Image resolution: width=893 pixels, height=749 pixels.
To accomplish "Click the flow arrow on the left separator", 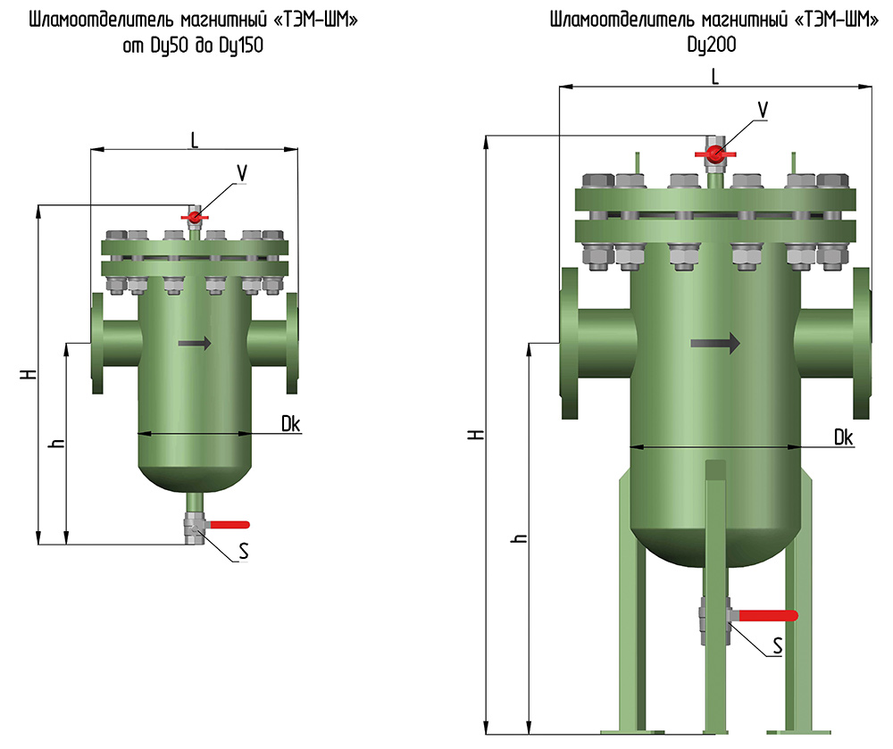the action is point(195,343).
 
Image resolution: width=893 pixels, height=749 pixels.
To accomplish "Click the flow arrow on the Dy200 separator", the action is point(715,343).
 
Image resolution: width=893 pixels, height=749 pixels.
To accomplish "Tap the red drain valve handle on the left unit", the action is point(228,524).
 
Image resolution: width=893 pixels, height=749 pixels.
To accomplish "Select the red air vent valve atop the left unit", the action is point(195,217).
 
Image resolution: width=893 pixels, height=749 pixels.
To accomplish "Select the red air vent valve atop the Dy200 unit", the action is point(715,153).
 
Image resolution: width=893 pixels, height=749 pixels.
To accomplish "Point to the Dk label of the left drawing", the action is point(290,423).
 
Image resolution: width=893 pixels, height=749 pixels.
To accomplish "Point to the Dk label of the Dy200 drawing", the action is point(844,437).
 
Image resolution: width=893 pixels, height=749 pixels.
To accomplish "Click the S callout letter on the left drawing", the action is point(244,551).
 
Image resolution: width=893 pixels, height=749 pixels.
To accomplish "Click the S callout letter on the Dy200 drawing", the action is point(778,645).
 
